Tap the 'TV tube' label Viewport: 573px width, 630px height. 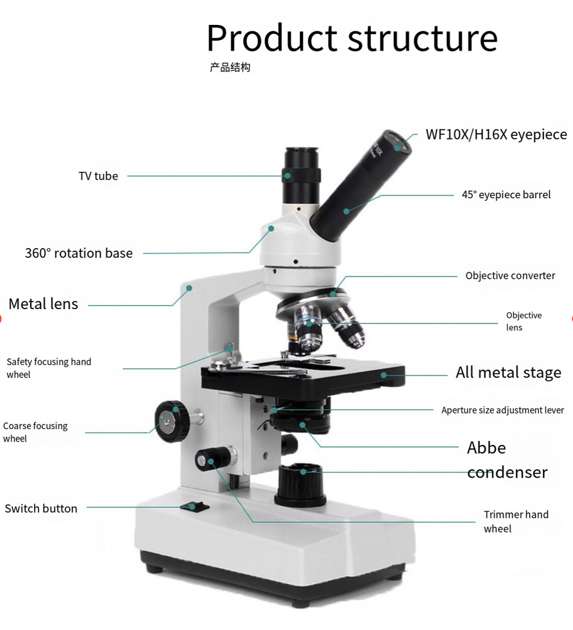98,176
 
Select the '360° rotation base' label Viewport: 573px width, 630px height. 79,253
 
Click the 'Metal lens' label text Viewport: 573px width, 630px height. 43,304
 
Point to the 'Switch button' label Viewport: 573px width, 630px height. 41,509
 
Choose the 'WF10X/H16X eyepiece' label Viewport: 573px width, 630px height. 496,135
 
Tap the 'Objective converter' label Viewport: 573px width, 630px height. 510,276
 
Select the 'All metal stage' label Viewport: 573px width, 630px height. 508,373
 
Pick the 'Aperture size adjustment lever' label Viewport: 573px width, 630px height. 502,410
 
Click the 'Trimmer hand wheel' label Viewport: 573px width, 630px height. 516,522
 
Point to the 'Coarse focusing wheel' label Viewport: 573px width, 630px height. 35,432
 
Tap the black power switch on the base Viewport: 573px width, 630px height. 195,506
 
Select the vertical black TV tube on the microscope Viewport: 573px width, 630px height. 302,176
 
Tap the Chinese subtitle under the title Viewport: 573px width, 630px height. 230,68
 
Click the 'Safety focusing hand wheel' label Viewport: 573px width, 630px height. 49,368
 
